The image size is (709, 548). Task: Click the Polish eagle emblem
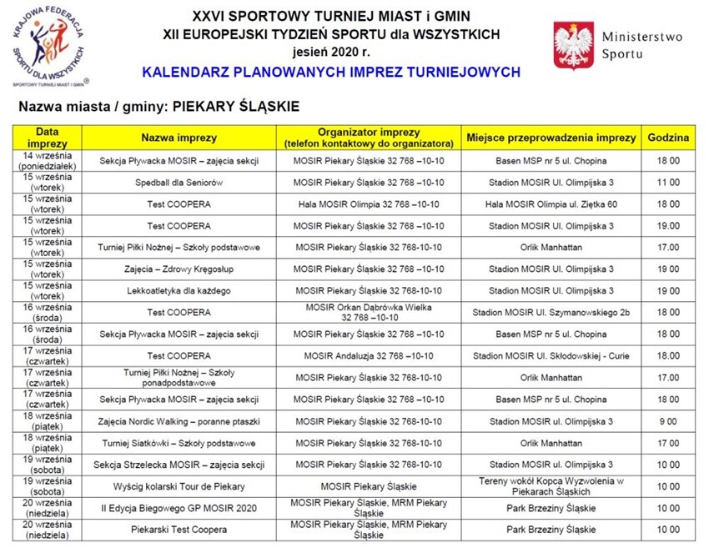pyautogui.click(x=574, y=47)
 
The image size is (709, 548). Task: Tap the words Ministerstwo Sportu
pyautogui.click(x=641, y=46)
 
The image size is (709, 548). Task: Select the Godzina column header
pyautogui.click(x=671, y=138)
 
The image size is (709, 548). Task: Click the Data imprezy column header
pyautogui.click(x=47, y=138)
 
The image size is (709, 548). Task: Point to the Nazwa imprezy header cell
pyautogui.click(x=179, y=138)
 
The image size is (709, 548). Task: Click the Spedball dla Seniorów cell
pyautogui.click(x=179, y=182)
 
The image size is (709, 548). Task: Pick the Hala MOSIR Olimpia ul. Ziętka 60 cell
pyautogui.click(x=551, y=204)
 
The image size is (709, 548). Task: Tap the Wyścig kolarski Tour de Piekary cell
pyautogui.click(x=179, y=486)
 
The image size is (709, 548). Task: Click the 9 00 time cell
pyautogui.click(x=671, y=421)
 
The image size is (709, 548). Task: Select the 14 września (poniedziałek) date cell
pyautogui.click(x=47, y=160)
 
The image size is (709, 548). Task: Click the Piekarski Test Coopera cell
pyautogui.click(x=179, y=530)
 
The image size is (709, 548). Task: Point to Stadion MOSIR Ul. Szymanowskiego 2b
pyautogui.click(x=551, y=312)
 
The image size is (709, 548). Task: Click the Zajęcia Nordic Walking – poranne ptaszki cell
pyautogui.click(x=179, y=421)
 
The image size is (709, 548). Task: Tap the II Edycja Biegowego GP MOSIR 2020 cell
pyautogui.click(x=179, y=508)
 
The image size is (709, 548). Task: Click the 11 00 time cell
pyautogui.click(x=671, y=182)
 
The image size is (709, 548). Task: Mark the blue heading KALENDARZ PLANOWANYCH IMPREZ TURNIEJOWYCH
pyautogui.click(x=331, y=73)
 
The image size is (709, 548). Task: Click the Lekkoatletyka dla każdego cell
pyautogui.click(x=179, y=290)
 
